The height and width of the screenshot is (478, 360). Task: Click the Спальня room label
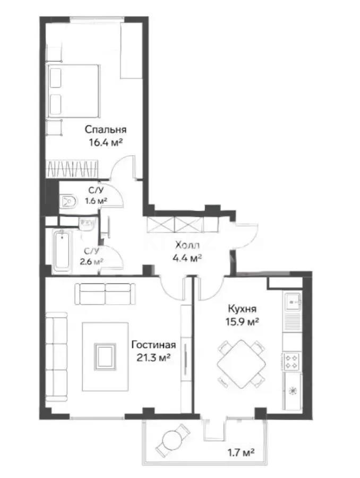point(106,129)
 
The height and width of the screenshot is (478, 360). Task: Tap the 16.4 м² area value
point(106,142)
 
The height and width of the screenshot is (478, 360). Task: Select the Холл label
point(188,246)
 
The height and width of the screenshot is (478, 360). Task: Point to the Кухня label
point(243,309)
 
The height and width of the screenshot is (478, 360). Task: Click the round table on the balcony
point(173,440)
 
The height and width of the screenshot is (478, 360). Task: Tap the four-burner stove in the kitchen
point(292,362)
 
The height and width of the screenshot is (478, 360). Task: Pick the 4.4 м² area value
point(188,259)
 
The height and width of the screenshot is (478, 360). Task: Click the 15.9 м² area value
point(243,321)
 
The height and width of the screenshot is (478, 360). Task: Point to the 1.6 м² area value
point(97,201)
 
